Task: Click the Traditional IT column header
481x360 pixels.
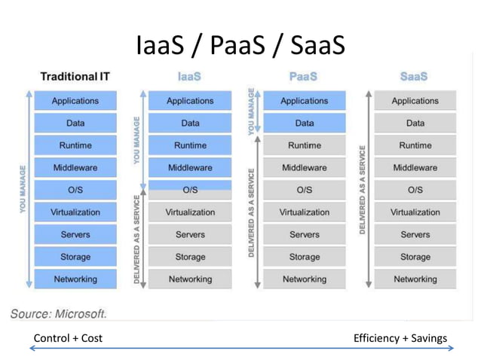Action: (75, 76)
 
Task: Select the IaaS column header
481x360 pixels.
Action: (190, 76)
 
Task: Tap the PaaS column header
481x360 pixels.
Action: (304, 76)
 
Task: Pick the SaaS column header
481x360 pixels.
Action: (415, 76)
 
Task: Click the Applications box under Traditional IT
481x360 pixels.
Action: (75, 100)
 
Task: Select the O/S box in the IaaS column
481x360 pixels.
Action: (190, 189)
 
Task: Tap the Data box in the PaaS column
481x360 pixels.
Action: (304, 123)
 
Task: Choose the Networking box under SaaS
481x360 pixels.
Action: (415, 279)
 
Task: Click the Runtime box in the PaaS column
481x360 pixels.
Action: (304, 145)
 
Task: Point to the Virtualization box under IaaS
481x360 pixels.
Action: (190, 212)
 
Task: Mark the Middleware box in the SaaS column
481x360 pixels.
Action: (415, 167)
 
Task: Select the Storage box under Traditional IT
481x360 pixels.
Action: (75, 257)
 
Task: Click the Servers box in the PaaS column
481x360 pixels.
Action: (304, 234)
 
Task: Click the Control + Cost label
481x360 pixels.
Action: (69, 338)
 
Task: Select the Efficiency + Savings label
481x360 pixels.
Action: (400, 338)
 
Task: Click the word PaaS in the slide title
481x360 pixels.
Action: (240, 47)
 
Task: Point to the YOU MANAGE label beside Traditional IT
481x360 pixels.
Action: (24, 188)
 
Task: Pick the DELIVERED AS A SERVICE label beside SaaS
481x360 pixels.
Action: (363, 189)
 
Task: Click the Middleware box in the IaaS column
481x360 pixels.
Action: (190, 167)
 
